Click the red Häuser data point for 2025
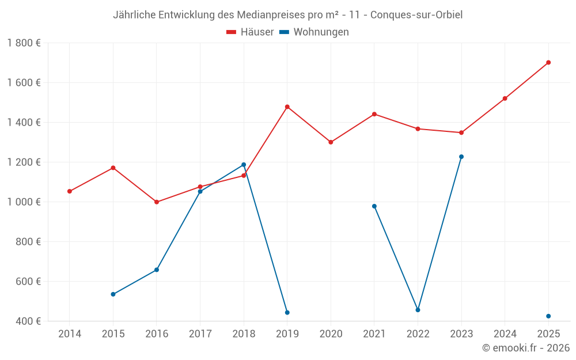coord(548,62)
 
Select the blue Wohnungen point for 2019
coord(287,313)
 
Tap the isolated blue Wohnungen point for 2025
coord(548,316)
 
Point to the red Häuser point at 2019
coord(287,107)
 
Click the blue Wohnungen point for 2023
coord(461,157)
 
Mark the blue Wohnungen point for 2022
coord(418,310)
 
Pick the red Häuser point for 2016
coord(157,202)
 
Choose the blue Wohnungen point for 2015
coord(113,294)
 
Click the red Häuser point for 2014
coord(70,191)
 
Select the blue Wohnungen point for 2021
coord(374,206)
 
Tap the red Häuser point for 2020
coord(331,142)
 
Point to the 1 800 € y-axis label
coord(24,43)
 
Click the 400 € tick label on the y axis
coord(28,321)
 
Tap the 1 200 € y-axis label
coord(24,162)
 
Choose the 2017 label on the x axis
coord(200,334)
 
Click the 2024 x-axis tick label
coord(505,334)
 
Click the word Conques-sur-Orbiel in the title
coord(416,15)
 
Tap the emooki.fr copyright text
coord(525,348)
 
